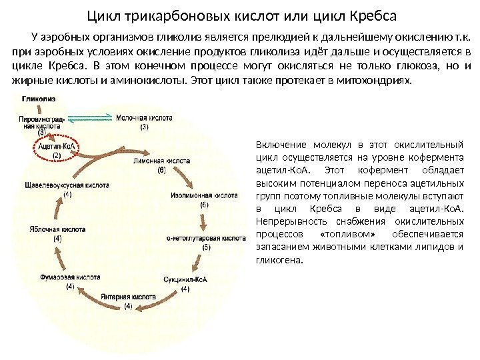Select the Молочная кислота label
point(144,117)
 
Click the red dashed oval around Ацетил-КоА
point(57,150)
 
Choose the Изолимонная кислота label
point(203,196)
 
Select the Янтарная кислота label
point(128,296)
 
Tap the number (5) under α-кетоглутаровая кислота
point(206,247)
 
